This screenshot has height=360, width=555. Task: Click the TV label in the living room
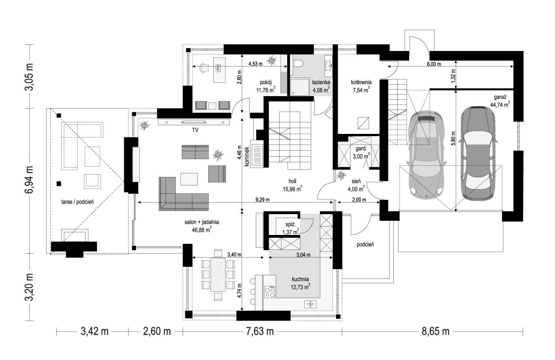tap(195, 130)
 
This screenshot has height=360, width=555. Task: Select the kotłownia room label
tap(361, 82)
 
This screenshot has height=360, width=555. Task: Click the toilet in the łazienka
tap(297, 63)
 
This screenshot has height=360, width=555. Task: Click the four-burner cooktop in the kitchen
tap(270, 292)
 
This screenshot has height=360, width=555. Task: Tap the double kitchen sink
tap(310, 304)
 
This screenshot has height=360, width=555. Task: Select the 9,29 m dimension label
tap(262, 200)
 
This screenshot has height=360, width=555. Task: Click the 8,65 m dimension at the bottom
tap(435, 331)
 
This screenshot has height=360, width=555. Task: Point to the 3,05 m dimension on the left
tap(30, 77)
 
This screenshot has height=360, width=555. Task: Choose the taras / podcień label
tap(78, 202)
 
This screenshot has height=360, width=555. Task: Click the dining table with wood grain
tap(218, 275)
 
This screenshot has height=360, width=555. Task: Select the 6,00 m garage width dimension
tap(434, 64)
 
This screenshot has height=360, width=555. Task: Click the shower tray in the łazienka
tap(300, 87)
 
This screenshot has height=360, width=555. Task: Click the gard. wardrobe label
tap(361, 149)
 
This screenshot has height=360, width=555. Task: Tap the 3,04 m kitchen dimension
tap(303, 254)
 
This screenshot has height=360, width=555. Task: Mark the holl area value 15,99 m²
tap(293, 189)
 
